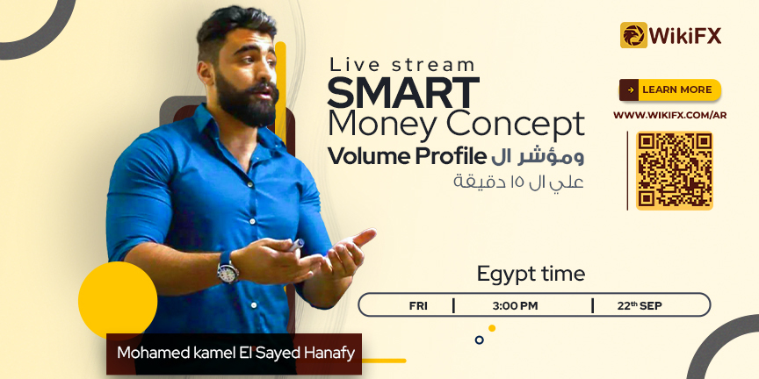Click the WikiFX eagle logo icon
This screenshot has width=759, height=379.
pos(633,35)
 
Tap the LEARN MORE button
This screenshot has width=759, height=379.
pos(670,89)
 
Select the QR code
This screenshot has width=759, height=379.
pos(675,171)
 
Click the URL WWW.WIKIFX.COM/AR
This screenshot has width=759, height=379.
pos(670,116)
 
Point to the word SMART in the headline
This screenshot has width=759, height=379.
pos(403,92)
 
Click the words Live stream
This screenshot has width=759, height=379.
pos(401,65)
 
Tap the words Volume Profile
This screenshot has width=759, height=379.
pos(407,157)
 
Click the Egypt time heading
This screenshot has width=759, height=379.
pos(531,274)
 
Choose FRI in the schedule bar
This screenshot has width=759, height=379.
pos(418,306)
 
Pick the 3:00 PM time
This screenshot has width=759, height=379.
pos(515,306)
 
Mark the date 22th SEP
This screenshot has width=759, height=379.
pos(640,305)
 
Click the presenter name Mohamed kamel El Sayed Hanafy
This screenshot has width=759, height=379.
pos(235,353)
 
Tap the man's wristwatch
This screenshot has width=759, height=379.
pos(228,268)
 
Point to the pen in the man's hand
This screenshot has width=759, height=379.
pos(296,245)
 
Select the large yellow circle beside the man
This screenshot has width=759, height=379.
pos(118,301)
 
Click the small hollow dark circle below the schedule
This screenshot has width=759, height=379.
pos(480,340)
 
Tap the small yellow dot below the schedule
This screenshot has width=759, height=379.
pos(492,328)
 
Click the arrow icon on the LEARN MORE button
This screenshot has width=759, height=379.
pos(630,89)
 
